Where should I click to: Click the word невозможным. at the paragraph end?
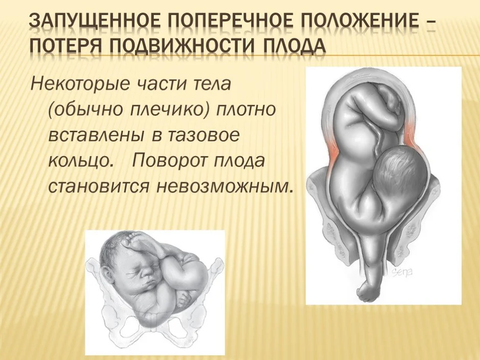coord(223,186)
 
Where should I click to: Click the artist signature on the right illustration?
coord(402,271)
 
